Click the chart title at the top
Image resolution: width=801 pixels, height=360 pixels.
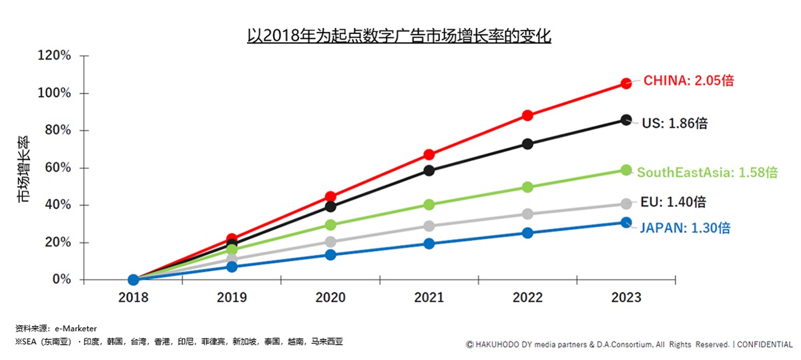(398, 35)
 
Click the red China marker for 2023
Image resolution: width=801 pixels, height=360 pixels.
(626, 83)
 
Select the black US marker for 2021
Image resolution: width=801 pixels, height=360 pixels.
(429, 170)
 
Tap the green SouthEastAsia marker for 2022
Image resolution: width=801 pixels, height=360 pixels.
(528, 187)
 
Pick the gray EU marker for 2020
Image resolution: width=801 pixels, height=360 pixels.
(330, 242)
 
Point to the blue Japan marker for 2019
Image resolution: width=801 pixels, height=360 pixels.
(232, 266)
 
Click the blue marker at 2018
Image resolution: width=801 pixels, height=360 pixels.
(133, 279)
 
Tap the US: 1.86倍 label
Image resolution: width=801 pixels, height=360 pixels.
(674, 123)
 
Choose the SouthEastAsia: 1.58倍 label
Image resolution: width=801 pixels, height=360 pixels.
(707, 172)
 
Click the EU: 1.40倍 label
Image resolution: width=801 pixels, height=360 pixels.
(673, 202)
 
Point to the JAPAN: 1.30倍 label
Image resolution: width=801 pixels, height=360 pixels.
(685, 228)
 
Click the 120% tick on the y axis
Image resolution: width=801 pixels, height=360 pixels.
(54, 55)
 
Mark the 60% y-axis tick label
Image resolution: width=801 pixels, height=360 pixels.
(57, 168)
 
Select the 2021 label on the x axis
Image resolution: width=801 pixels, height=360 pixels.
(429, 298)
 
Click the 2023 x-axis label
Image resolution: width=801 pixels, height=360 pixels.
(626, 298)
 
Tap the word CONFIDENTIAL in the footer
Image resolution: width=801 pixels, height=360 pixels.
(764, 345)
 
